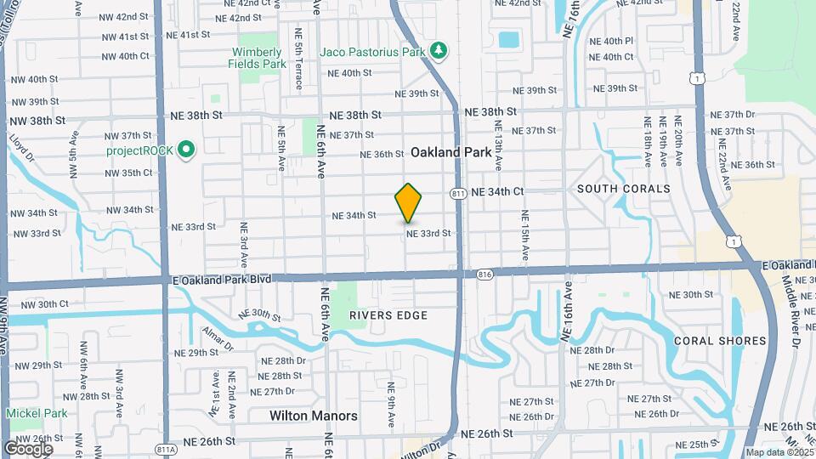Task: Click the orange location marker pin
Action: [409, 202]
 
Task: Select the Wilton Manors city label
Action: [314, 416]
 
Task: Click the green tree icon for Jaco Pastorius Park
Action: [439, 52]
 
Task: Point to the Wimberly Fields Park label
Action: [259, 58]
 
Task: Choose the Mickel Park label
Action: [37, 413]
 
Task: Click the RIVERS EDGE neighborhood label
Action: [388, 315]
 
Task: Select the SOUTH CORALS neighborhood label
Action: [623, 189]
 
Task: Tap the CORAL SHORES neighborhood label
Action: [720, 341]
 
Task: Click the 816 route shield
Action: [485, 274]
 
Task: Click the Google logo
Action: [28, 448]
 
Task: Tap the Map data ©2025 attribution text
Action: [779, 452]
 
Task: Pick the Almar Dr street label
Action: [217, 337]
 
